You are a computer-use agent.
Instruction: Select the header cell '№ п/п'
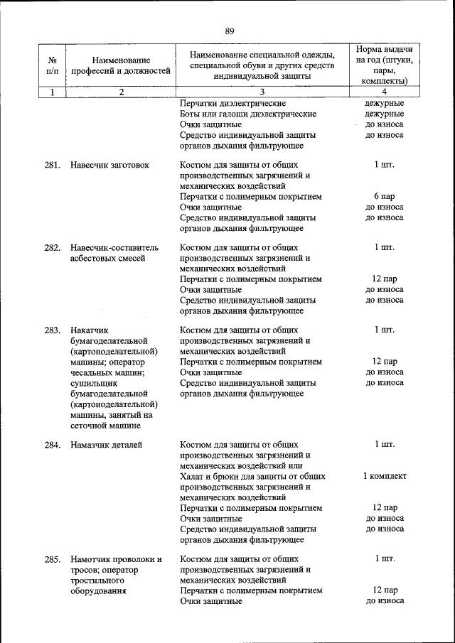coord(52,65)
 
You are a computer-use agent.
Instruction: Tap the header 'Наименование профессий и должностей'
coord(121,65)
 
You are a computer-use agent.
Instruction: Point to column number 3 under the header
coord(242,92)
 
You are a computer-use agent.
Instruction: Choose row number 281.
coord(52,165)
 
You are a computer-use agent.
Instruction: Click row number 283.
coord(52,330)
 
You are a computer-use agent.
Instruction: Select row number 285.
coord(52,559)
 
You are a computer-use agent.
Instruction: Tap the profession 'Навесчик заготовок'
coord(109,165)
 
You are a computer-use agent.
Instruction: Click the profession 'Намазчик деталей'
coord(106,445)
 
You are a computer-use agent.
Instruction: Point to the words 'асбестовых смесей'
coord(107,258)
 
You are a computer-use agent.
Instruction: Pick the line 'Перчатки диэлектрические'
coord(232,103)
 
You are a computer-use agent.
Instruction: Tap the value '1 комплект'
coord(385,476)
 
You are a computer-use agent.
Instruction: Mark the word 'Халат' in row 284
coord(193,476)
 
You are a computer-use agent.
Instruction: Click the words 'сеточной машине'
coord(105,426)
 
